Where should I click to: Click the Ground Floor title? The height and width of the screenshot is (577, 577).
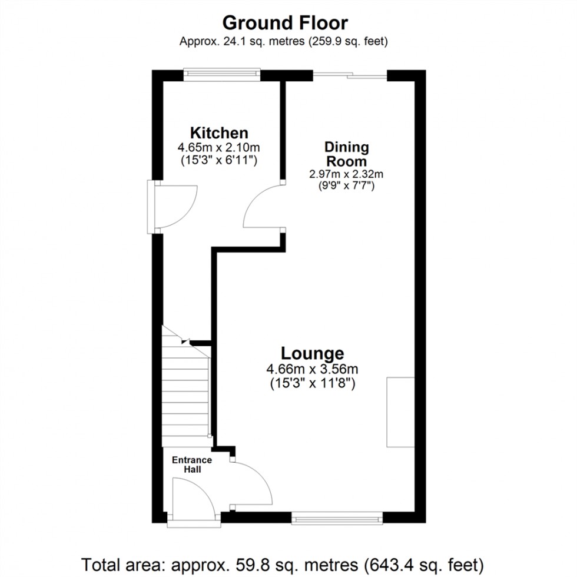pyautogui.click(x=285, y=23)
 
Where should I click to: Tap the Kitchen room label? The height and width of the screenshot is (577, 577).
pyautogui.click(x=218, y=132)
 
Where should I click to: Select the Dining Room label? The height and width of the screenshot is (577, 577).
pyautogui.click(x=347, y=154)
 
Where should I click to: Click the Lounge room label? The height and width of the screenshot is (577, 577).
pyautogui.click(x=312, y=353)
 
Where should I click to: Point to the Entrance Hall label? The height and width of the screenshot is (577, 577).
pyautogui.click(x=192, y=465)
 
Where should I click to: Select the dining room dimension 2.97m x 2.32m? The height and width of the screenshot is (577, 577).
pyautogui.click(x=347, y=174)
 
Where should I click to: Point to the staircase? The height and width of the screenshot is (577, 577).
pyautogui.click(x=185, y=389)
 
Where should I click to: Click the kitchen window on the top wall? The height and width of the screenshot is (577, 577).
pyautogui.click(x=221, y=73)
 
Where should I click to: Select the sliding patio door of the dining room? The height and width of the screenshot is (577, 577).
pyautogui.click(x=350, y=74)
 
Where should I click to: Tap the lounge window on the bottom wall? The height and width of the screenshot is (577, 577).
pyautogui.click(x=337, y=518)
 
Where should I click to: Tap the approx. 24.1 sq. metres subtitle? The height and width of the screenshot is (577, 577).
pyautogui.click(x=285, y=41)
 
